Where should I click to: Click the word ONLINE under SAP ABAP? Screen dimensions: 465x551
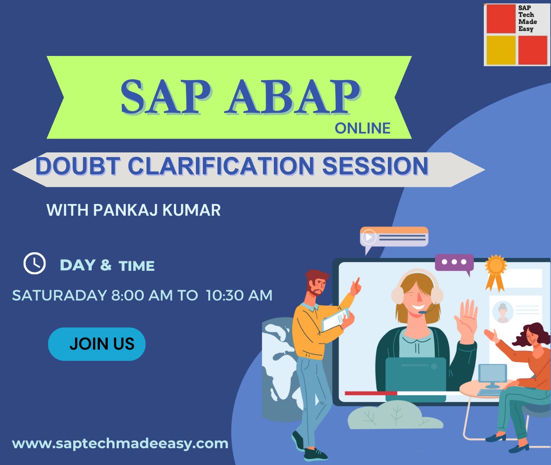362,128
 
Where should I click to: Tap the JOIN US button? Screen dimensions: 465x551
97,344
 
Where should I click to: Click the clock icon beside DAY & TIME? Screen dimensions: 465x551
34,263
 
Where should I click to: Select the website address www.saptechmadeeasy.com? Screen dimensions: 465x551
120,443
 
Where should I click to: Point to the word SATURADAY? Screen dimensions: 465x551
59,295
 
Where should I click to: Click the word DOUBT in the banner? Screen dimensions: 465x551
77,166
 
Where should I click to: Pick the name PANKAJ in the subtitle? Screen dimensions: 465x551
125,210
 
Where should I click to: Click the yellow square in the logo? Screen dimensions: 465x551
501,50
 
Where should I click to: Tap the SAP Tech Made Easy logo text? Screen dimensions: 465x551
527,19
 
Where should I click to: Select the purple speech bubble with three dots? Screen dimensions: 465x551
454,262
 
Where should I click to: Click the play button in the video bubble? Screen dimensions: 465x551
369,237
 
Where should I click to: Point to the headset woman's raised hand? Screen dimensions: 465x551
467,316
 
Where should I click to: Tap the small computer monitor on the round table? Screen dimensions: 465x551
492,375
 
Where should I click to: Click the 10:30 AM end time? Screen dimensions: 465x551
239,295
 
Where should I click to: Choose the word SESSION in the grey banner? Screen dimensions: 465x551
375,166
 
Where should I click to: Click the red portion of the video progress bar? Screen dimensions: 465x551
371,393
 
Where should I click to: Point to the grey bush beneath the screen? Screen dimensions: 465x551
394,415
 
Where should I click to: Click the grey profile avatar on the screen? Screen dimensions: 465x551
502,311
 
